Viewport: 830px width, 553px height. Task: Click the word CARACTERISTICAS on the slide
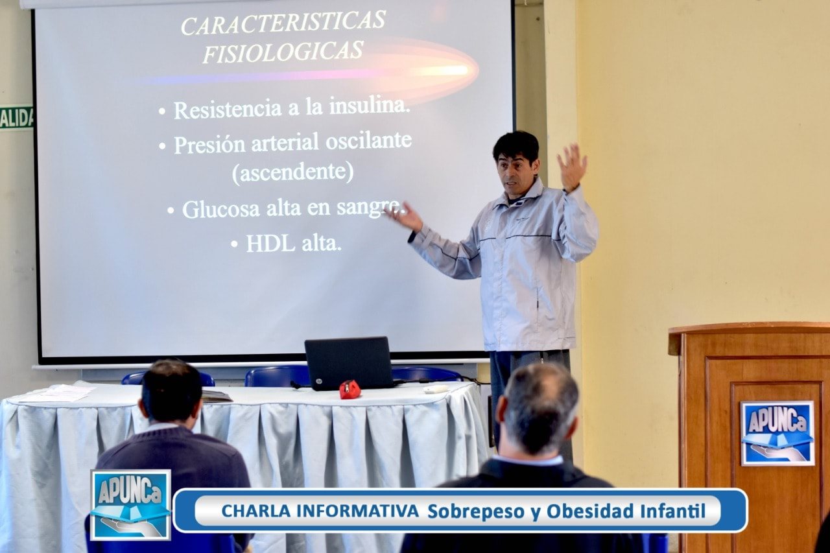click(283, 23)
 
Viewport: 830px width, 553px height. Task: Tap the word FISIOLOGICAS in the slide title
click(283, 51)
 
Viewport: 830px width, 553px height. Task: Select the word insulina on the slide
click(370, 106)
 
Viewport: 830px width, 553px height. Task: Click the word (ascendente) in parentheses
click(292, 172)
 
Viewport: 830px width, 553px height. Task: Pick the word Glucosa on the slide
click(221, 209)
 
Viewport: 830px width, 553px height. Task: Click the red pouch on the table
click(350, 389)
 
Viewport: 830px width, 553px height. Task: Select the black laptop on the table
click(349, 363)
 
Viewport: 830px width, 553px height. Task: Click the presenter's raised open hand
click(572, 167)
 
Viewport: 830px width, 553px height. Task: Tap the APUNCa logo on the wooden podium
click(777, 433)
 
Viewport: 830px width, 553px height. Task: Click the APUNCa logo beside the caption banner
click(130, 504)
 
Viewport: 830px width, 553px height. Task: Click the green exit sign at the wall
click(16, 118)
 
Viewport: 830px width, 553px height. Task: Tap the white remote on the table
click(436, 389)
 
